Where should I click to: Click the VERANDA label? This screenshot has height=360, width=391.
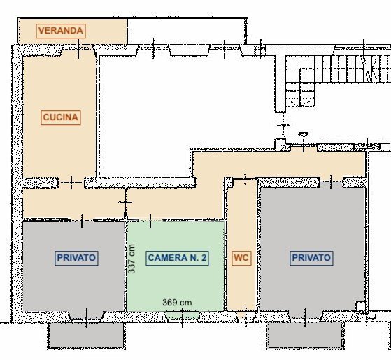62,31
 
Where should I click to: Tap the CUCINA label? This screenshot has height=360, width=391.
61,117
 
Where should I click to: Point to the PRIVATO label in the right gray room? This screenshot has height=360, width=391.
311,258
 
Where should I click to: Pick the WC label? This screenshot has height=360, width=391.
241,258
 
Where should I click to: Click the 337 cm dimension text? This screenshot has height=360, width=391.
131,259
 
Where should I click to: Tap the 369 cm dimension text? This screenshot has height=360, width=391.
177,303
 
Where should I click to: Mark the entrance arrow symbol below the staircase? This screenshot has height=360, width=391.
303,135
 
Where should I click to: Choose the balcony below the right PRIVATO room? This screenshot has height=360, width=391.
305,336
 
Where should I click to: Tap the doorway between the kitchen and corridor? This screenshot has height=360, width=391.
71,182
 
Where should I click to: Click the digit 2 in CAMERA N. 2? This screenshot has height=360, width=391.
204,258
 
